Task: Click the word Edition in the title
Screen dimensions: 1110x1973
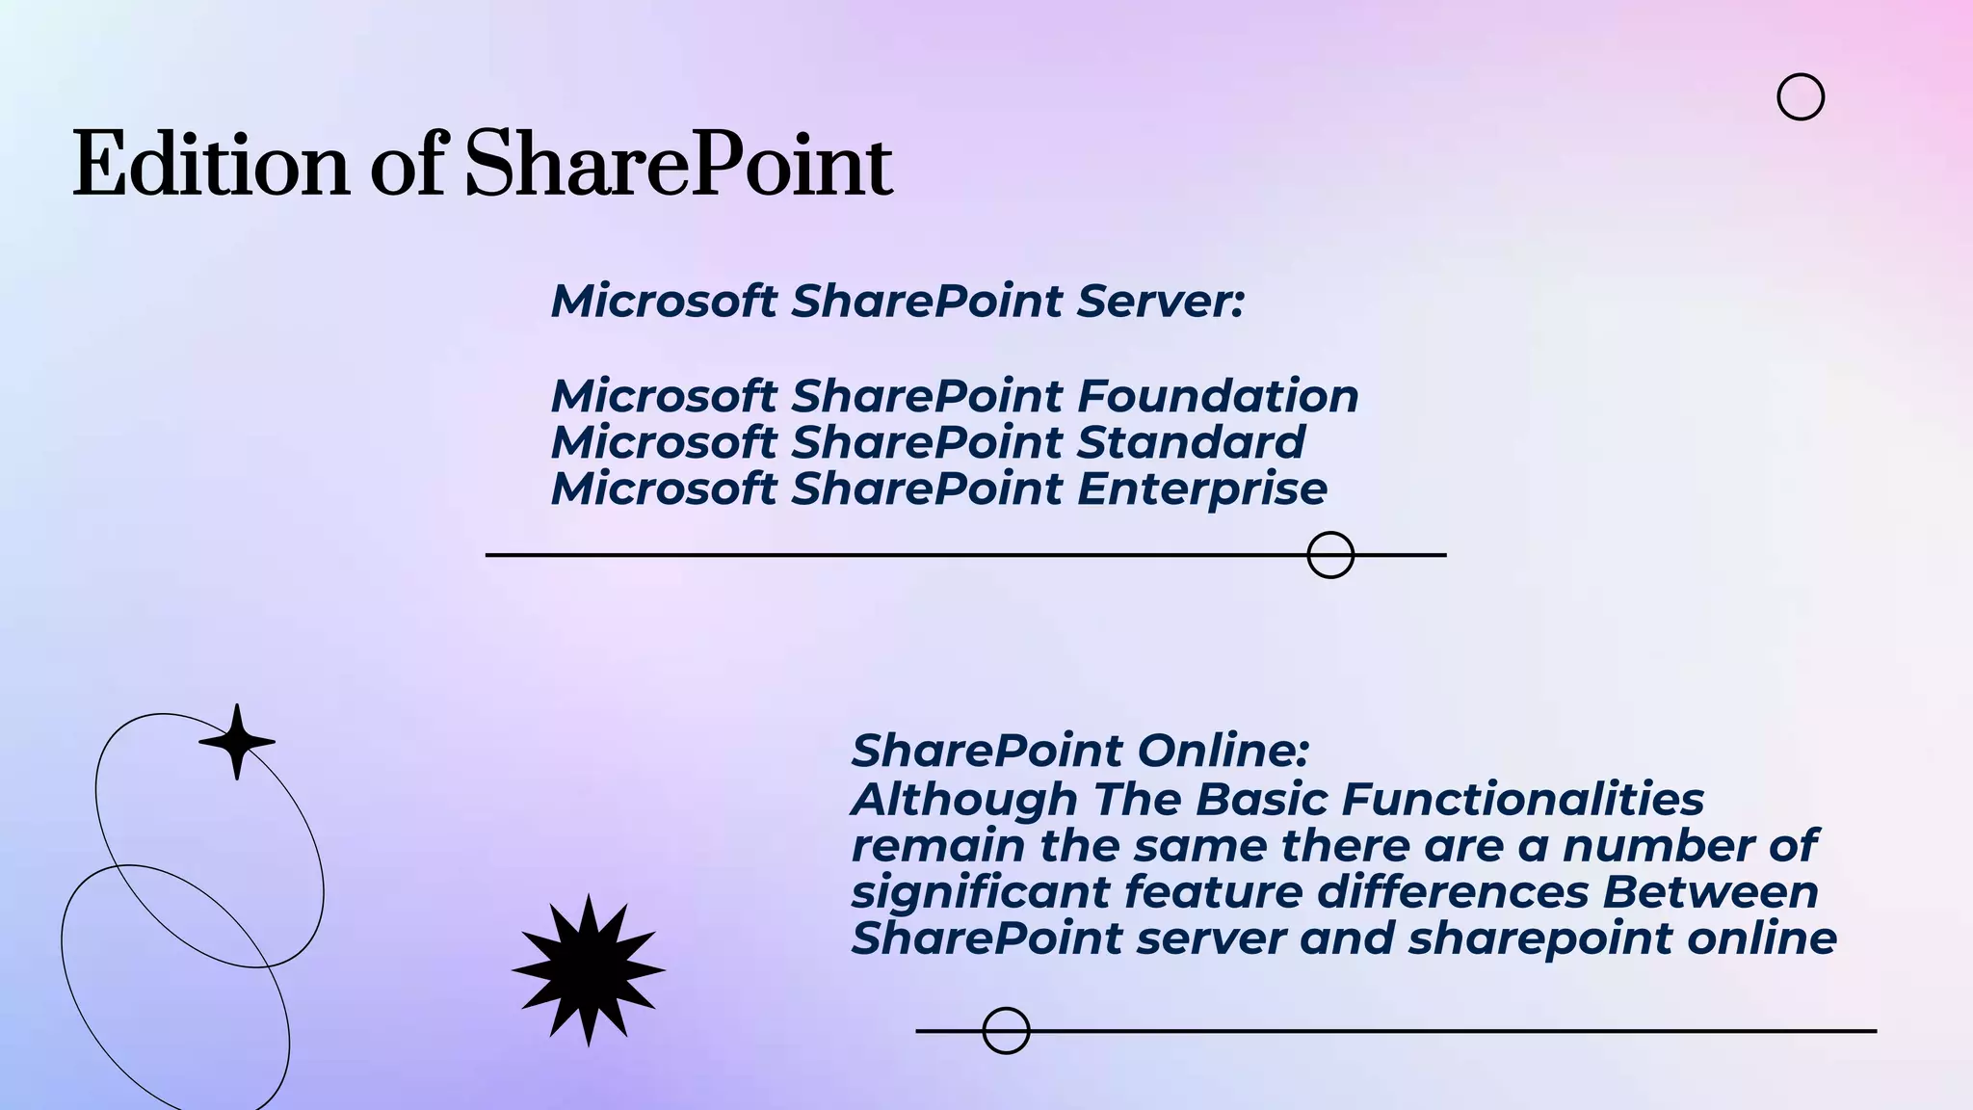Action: click(210, 165)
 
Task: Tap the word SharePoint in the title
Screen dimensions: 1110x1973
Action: click(678, 165)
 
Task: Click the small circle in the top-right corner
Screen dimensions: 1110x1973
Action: click(1800, 96)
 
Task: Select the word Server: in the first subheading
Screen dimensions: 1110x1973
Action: click(1161, 301)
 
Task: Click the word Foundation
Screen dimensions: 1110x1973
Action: click(1218, 396)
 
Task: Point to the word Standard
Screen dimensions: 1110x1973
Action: click(1191, 442)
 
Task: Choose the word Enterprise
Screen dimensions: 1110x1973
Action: click(1202, 489)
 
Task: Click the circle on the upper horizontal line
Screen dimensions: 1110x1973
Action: click(1330, 555)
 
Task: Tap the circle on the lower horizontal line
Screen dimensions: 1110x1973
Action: click(1006, 1031)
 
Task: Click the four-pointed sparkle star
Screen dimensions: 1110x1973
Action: click(237, 741)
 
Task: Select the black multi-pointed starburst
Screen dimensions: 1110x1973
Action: click(589, 969)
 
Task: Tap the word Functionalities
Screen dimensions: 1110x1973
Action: click(1522, 799)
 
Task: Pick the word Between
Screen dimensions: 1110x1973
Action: click(1710, 891)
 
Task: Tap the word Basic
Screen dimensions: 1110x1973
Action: click(1262, 799)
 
